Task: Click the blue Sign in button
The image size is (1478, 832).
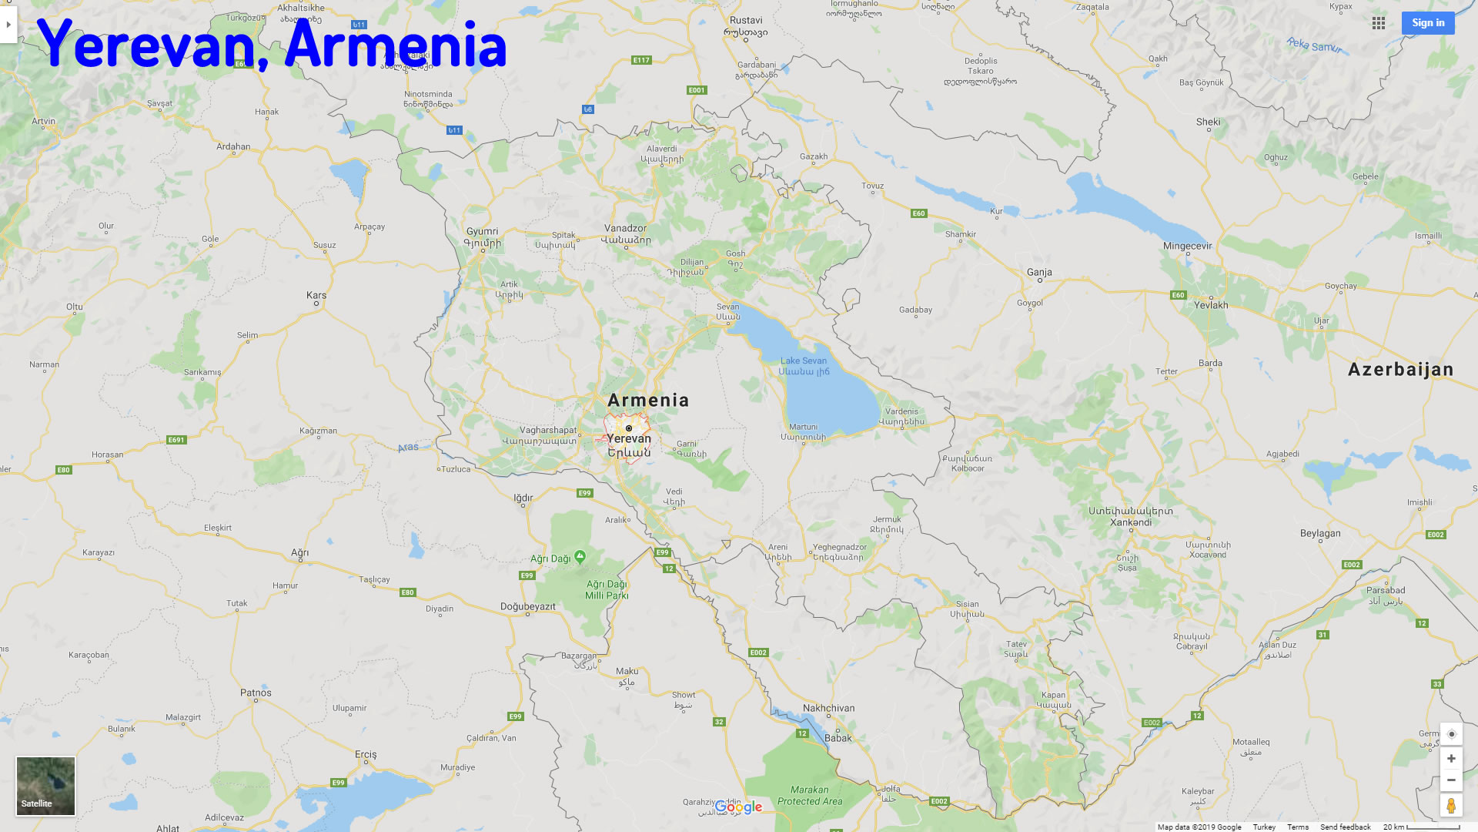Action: [1427, 23]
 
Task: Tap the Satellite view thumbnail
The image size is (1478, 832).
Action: [45, 785]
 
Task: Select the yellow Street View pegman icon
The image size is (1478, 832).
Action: [1450, 805]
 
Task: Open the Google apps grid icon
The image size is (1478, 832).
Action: [1378, 23]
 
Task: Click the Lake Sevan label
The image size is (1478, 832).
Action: [803, 361]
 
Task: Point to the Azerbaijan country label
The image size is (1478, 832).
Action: [1400, 370]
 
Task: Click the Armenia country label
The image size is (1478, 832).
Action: [648, 400]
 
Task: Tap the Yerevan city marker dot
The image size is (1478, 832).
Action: [628, 428]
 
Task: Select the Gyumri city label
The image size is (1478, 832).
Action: [482, 231]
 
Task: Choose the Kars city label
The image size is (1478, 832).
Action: [316, 295]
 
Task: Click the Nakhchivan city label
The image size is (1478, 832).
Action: [828, 708]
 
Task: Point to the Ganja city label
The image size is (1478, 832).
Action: [1038, 272]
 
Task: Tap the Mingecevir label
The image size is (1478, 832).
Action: [1187, 247]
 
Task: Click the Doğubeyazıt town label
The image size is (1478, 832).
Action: [527, 606]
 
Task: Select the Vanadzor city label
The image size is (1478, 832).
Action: [625, 228]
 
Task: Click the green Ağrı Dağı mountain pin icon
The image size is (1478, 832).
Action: [580, 556]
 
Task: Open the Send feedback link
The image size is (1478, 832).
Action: [1345, 827]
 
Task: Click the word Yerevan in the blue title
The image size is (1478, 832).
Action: [146, 45]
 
